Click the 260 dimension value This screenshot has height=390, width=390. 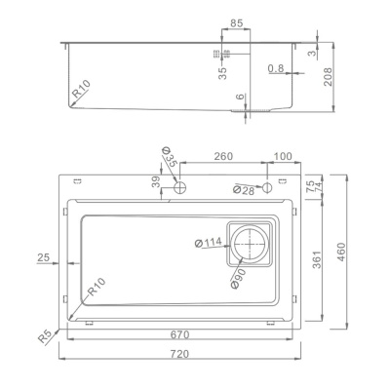tap(222, 155)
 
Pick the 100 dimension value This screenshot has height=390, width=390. tap(282, 155)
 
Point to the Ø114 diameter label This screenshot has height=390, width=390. tap(209, 242)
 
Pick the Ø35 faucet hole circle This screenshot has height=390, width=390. tap(178, 187)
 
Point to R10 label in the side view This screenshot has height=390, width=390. tap(81, 93)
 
